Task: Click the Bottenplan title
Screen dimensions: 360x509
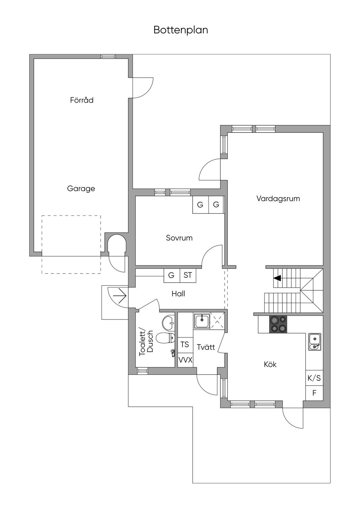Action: click(181, 30)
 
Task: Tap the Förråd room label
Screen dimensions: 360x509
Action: click(82, 100)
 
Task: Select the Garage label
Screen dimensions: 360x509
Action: click(81, 189)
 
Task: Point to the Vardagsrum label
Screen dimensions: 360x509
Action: click(278, 199)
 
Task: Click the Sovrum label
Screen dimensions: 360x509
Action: click(179, 238)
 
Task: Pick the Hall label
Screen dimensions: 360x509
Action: click(178, 294)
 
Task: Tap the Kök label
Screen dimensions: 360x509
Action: click(270, 364)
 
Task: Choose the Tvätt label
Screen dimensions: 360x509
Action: click(206, 347)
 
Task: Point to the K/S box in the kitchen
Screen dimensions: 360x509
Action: click(314, 378)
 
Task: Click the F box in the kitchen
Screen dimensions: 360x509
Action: click(314, 393)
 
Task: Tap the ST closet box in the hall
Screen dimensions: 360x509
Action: click(188, 275)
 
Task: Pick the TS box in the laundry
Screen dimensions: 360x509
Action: click(185, 344)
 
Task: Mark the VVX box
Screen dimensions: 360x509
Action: click(185, 360)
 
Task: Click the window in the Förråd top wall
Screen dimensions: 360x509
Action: click(108, 56)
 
